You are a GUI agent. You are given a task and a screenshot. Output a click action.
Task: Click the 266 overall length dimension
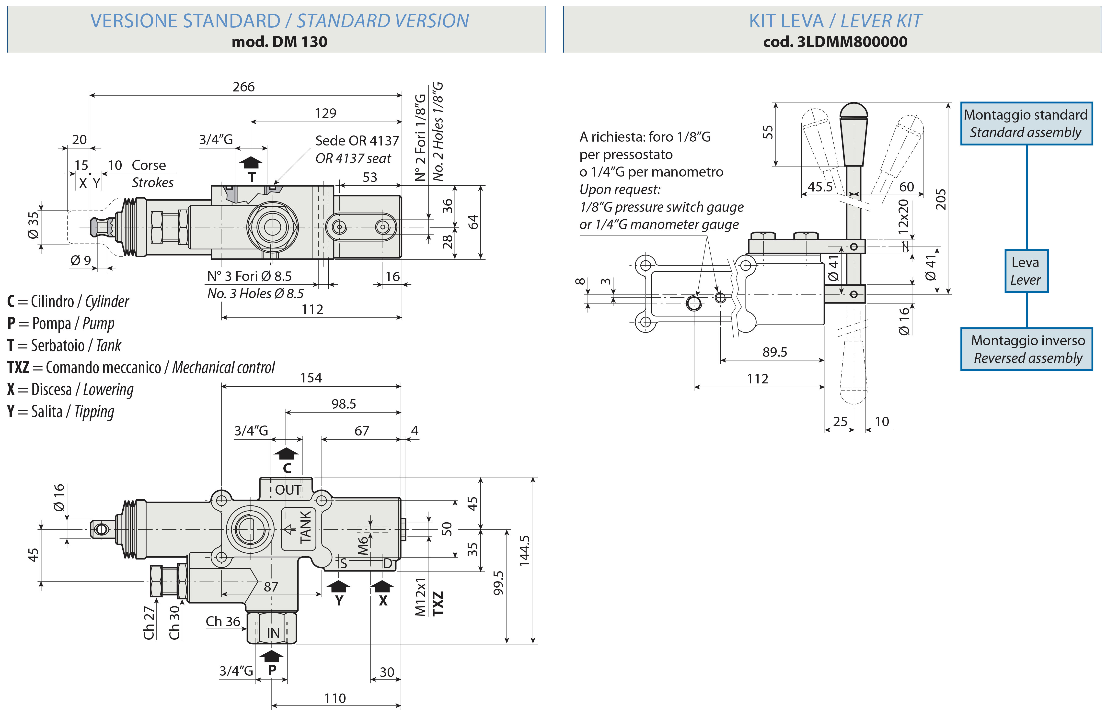244,87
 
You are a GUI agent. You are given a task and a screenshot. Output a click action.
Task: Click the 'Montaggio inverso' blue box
1026,349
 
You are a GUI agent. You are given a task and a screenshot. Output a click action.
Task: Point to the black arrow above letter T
251,163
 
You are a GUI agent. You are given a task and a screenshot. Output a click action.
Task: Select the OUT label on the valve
288,490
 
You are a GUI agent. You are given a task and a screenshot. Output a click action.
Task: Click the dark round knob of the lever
853,112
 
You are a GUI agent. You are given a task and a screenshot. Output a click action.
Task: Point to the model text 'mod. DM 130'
279,42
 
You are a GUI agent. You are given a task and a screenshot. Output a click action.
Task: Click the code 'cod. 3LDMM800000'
835,42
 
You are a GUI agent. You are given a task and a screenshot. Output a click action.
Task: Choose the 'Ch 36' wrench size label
223,622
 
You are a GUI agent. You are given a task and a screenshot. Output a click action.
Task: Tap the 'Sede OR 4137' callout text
357,140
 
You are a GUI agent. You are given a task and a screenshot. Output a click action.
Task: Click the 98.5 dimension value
344,404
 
